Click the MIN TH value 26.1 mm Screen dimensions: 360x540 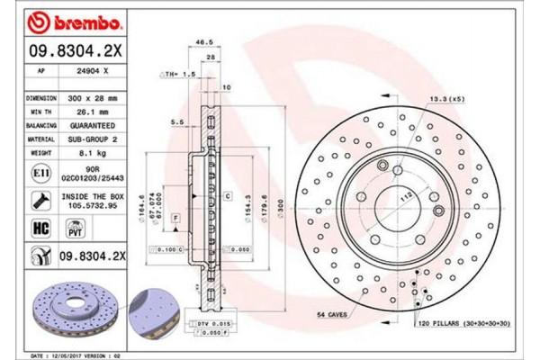point(93,107)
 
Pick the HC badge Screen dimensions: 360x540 point(41,229)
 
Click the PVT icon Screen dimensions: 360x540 point(76,229)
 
